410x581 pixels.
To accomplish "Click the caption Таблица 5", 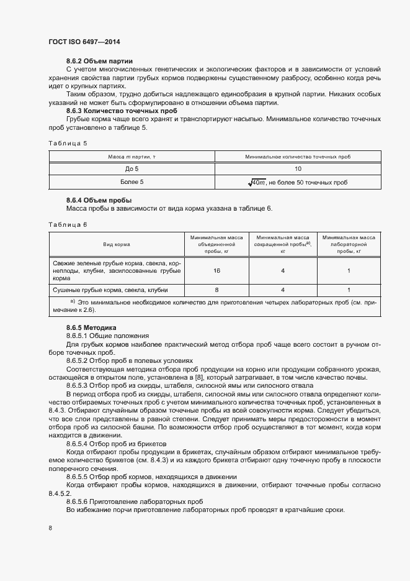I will (68, 143).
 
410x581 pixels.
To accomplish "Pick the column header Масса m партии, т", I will (132, 157).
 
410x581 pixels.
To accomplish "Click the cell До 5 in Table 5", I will (132, 169).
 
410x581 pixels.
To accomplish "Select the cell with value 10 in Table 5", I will (298, 169).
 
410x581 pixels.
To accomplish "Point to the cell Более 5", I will (132, 182).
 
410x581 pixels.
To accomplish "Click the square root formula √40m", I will (256, 182).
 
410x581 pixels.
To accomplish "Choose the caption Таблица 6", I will (68, 224).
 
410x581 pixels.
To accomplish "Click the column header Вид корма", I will (116, 245).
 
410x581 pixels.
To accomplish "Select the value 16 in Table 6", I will (217, 271).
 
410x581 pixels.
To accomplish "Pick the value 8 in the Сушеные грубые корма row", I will (216, 290).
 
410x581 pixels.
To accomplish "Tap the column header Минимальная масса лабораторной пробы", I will (349, 245).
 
